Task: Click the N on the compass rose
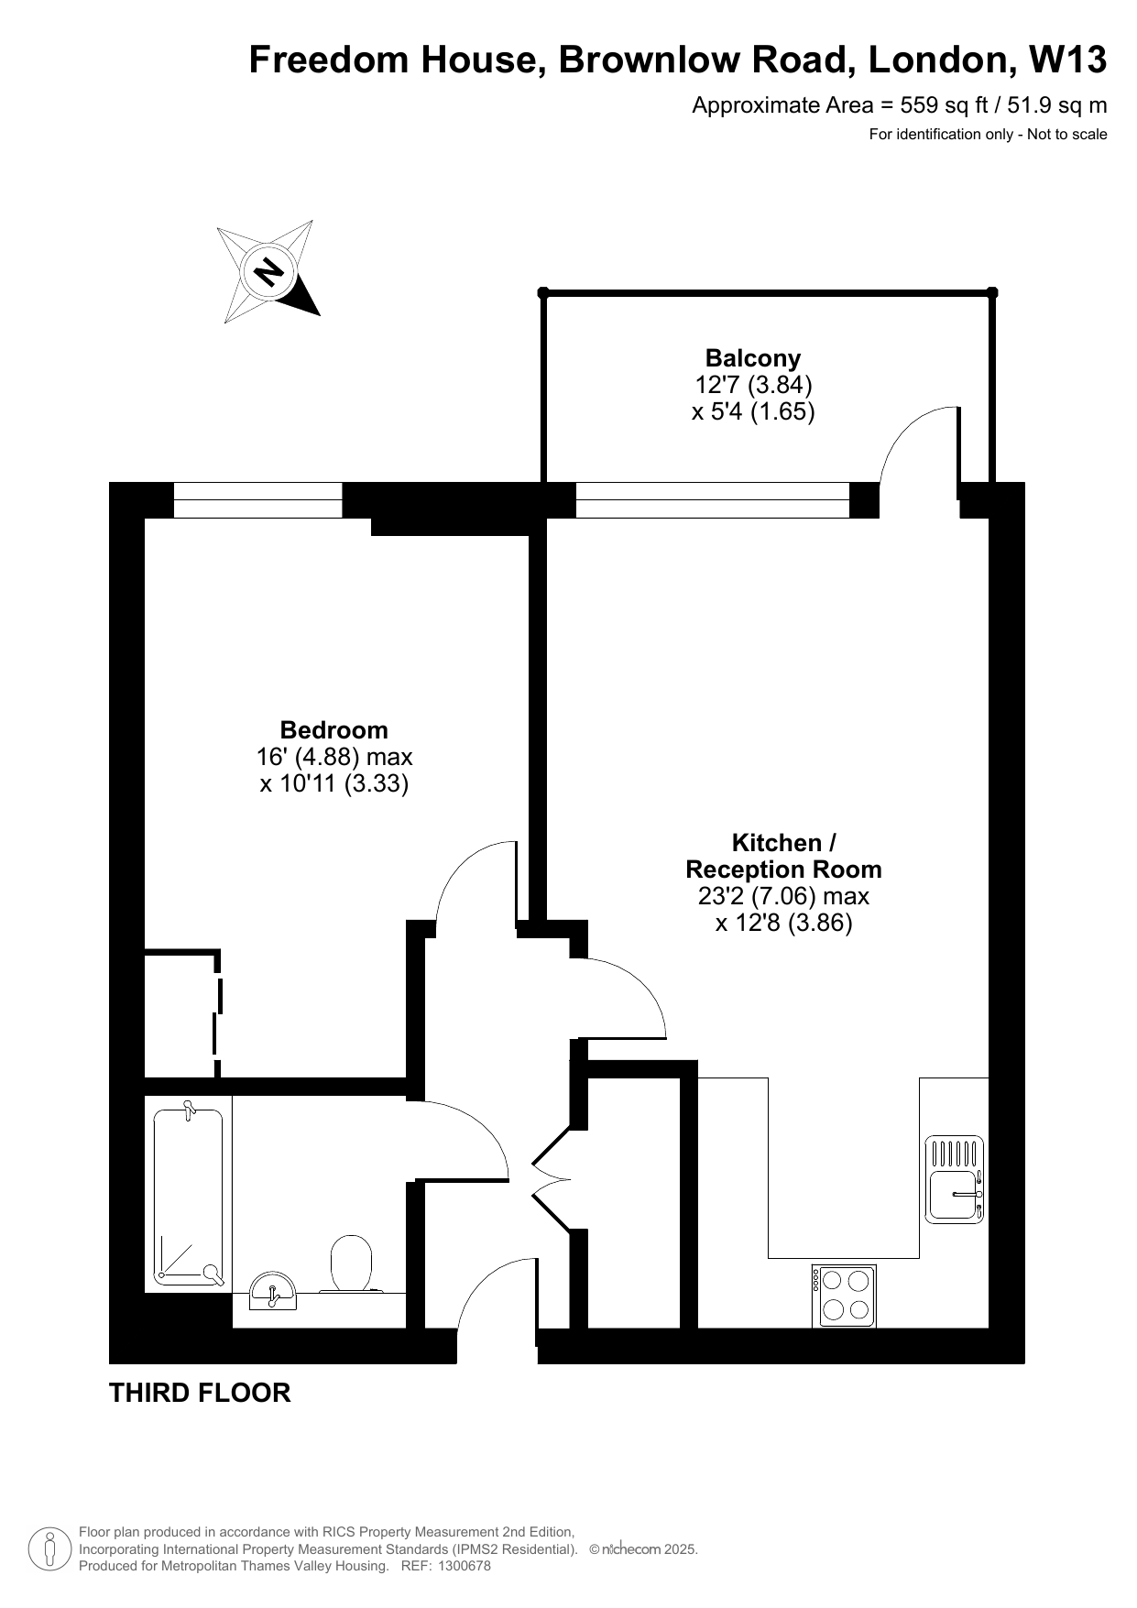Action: (268, 271)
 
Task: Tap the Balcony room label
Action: (753, 358)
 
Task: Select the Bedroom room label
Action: (333, 730)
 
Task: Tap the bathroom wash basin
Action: (273, 1292)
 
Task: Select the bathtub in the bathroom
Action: (189, 1196)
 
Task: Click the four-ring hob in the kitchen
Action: (844, 1296)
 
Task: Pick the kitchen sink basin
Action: (954, 1195)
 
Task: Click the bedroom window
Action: (257, 500)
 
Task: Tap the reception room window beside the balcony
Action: (713, 500)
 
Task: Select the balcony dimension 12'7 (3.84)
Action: (753, 384)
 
